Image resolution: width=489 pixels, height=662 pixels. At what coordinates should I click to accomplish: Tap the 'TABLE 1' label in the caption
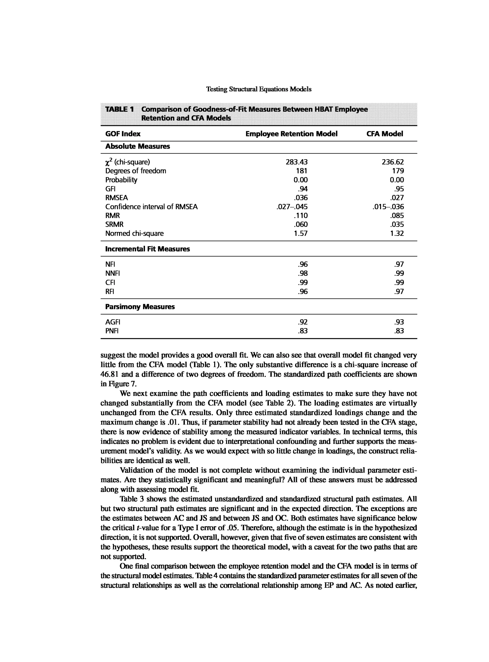pyautogui.click(x=120, y=109)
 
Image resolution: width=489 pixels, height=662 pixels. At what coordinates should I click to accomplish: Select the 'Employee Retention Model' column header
pyautogui.click(x=291, y=134)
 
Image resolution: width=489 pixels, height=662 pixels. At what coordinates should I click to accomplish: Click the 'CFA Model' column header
pyautogui.click(x=384, y=134)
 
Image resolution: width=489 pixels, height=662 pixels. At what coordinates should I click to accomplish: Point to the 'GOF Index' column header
pyautogui.click(x=123, y=134)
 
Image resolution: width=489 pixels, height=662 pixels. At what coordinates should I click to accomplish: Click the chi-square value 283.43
pyautogui.click(x=297, y=162)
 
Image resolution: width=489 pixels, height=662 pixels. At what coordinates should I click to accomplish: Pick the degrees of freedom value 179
pyautogui.click(x=398, y=171)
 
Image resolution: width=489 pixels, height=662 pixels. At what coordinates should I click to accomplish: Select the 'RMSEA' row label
pyautogui.click(x=117, y=198)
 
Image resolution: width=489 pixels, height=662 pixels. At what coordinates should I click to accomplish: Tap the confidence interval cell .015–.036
pyautogui.click(x=388, y=207)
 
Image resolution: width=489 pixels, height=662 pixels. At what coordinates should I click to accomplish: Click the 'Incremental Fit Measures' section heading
pyautogui.click(x=147, y=249)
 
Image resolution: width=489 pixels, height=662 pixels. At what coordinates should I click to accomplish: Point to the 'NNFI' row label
pyautogui.click(x=112, y=273)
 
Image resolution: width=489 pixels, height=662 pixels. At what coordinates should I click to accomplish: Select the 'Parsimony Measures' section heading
pyautogui.click(x=140, y=307)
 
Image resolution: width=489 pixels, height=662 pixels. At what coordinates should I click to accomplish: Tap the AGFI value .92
pyautogui.click(x=303, y=322)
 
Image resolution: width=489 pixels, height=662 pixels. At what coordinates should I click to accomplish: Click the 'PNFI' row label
pyautogui.click(x=112, y=331)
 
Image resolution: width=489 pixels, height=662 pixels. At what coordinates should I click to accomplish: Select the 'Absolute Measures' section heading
pyautogui.click(x=138, y=146)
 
